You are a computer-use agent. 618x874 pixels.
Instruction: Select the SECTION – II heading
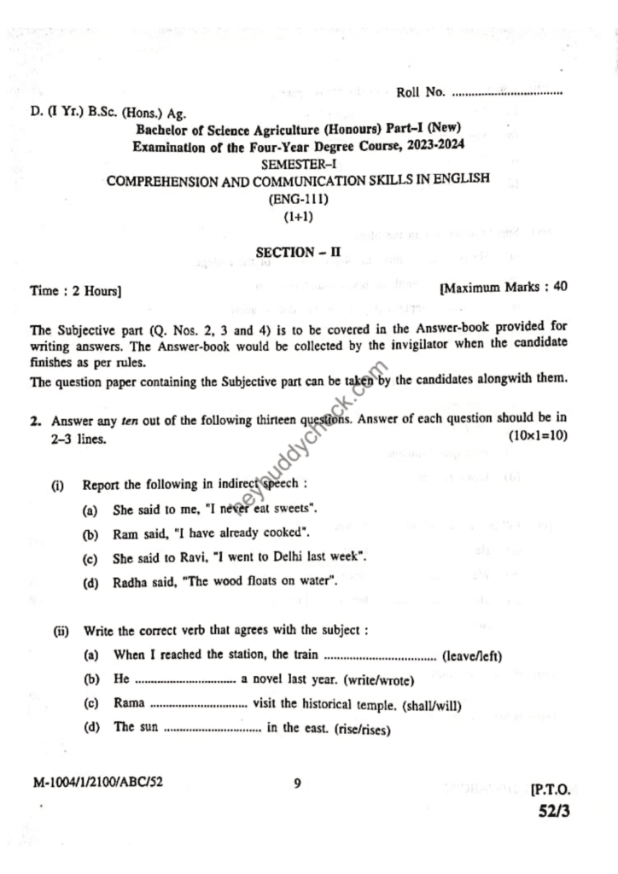298,252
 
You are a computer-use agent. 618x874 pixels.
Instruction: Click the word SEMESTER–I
298,163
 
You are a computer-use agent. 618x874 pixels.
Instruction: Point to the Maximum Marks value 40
561,288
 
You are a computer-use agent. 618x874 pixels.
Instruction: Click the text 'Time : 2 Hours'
75,290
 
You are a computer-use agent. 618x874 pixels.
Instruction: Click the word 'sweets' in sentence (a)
295,510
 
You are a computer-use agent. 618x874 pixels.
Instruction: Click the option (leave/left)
471,655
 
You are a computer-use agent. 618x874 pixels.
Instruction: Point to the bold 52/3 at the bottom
553,812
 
